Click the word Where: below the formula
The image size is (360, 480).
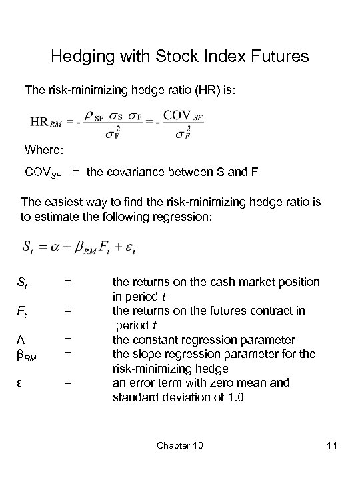coord(43,148)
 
